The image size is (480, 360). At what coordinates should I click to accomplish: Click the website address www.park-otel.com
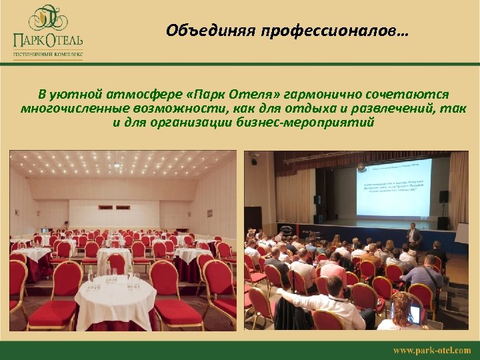431,350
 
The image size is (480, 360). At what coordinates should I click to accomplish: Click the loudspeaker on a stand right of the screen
443,197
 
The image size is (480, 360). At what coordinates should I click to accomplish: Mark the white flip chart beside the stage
461,234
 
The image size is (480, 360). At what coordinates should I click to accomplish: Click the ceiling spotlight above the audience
254,161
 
